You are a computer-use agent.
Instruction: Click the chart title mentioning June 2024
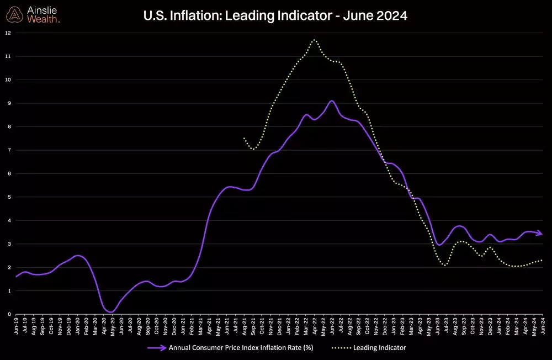tap(275, 16)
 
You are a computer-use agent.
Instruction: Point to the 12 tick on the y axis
tap(7, 33)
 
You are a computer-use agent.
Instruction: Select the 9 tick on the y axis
tap(8, 103)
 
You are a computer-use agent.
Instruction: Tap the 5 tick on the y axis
tap(8, 197)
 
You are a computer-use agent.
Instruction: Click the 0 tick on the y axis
tap(8, 314)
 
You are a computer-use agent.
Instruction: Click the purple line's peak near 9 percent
tap(331, 101)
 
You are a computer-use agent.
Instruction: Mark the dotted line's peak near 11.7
tap(314, 40)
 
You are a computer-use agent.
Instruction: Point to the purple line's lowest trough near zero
tap(111, 312)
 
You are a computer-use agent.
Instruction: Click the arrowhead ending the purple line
tap(540, 233)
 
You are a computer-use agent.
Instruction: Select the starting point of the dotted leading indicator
tap(244, 138)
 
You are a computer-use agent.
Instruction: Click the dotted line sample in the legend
tap(342, 348)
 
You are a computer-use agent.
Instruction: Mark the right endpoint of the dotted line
tap(542, 260)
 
